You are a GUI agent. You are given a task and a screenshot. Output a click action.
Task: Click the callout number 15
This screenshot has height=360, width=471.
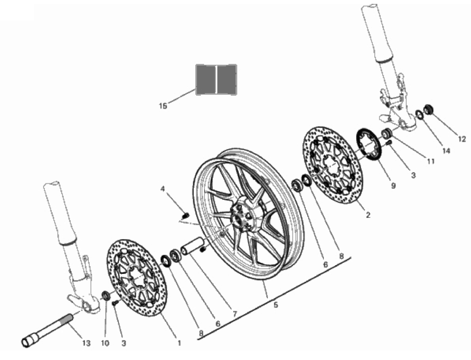coord(163,106)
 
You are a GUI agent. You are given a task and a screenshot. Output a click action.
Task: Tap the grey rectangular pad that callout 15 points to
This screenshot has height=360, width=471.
coord(216,80)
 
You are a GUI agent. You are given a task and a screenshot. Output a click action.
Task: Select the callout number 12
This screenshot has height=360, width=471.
coord(462,140)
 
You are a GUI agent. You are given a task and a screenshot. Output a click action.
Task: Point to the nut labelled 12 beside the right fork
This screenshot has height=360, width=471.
coord(428,109)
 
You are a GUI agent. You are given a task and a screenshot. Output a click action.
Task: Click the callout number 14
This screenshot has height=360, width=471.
coord(446,151)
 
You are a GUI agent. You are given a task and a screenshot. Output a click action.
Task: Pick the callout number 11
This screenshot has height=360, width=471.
coord(431,161)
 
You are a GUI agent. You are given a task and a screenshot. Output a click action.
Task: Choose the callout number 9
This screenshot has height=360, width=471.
coord(393,186)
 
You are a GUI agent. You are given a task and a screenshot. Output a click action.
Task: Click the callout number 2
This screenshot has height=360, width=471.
coord(368,215)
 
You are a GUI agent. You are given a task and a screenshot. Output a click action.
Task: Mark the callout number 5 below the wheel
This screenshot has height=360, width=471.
coord(275,305)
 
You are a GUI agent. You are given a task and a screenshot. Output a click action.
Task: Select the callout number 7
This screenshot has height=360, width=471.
coord(235,314)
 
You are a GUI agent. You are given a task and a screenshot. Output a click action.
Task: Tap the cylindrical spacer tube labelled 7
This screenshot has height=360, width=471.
coord(192,247)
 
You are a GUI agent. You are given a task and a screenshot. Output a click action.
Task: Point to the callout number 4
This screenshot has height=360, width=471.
coord(162,189)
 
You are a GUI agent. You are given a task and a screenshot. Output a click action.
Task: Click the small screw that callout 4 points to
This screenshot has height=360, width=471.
coord(186,215)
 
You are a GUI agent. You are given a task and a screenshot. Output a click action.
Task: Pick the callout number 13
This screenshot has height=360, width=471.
coord(87,343)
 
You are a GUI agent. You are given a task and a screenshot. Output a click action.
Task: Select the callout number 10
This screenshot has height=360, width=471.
coord(105,343)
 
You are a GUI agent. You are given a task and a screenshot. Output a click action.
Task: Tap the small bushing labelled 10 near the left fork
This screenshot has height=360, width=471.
coord(106,295)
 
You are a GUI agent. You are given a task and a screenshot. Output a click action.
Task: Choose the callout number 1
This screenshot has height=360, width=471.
coord(180,343)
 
